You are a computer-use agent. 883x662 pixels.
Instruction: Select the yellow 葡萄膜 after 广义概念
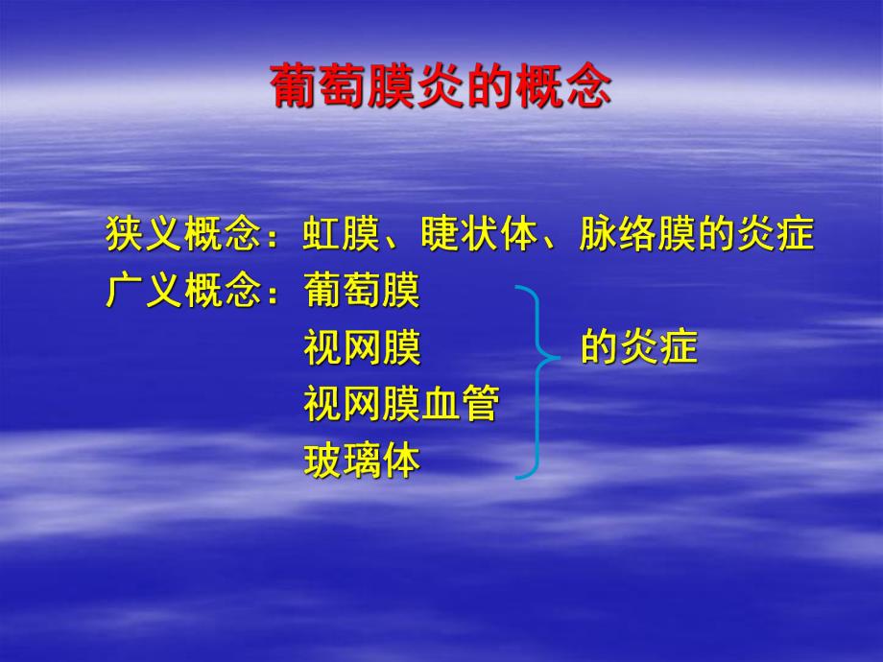pyautogui.click(x=362, y=291)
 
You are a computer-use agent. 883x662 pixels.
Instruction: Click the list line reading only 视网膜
pyautogui.click(x=362, y=348)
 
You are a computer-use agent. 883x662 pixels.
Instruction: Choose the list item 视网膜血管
pyautogui.click(x=401, y=404)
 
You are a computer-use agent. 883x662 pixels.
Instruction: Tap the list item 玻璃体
pyautogui.click(x=362, y=461)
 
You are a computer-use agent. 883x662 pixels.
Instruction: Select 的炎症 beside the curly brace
pyautogui.click(x=638, y=348)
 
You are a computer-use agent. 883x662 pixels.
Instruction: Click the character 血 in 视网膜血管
pyautogui.click(x=441, y=404)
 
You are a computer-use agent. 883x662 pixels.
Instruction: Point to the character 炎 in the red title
pyautogui.click(x=441, y=87)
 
